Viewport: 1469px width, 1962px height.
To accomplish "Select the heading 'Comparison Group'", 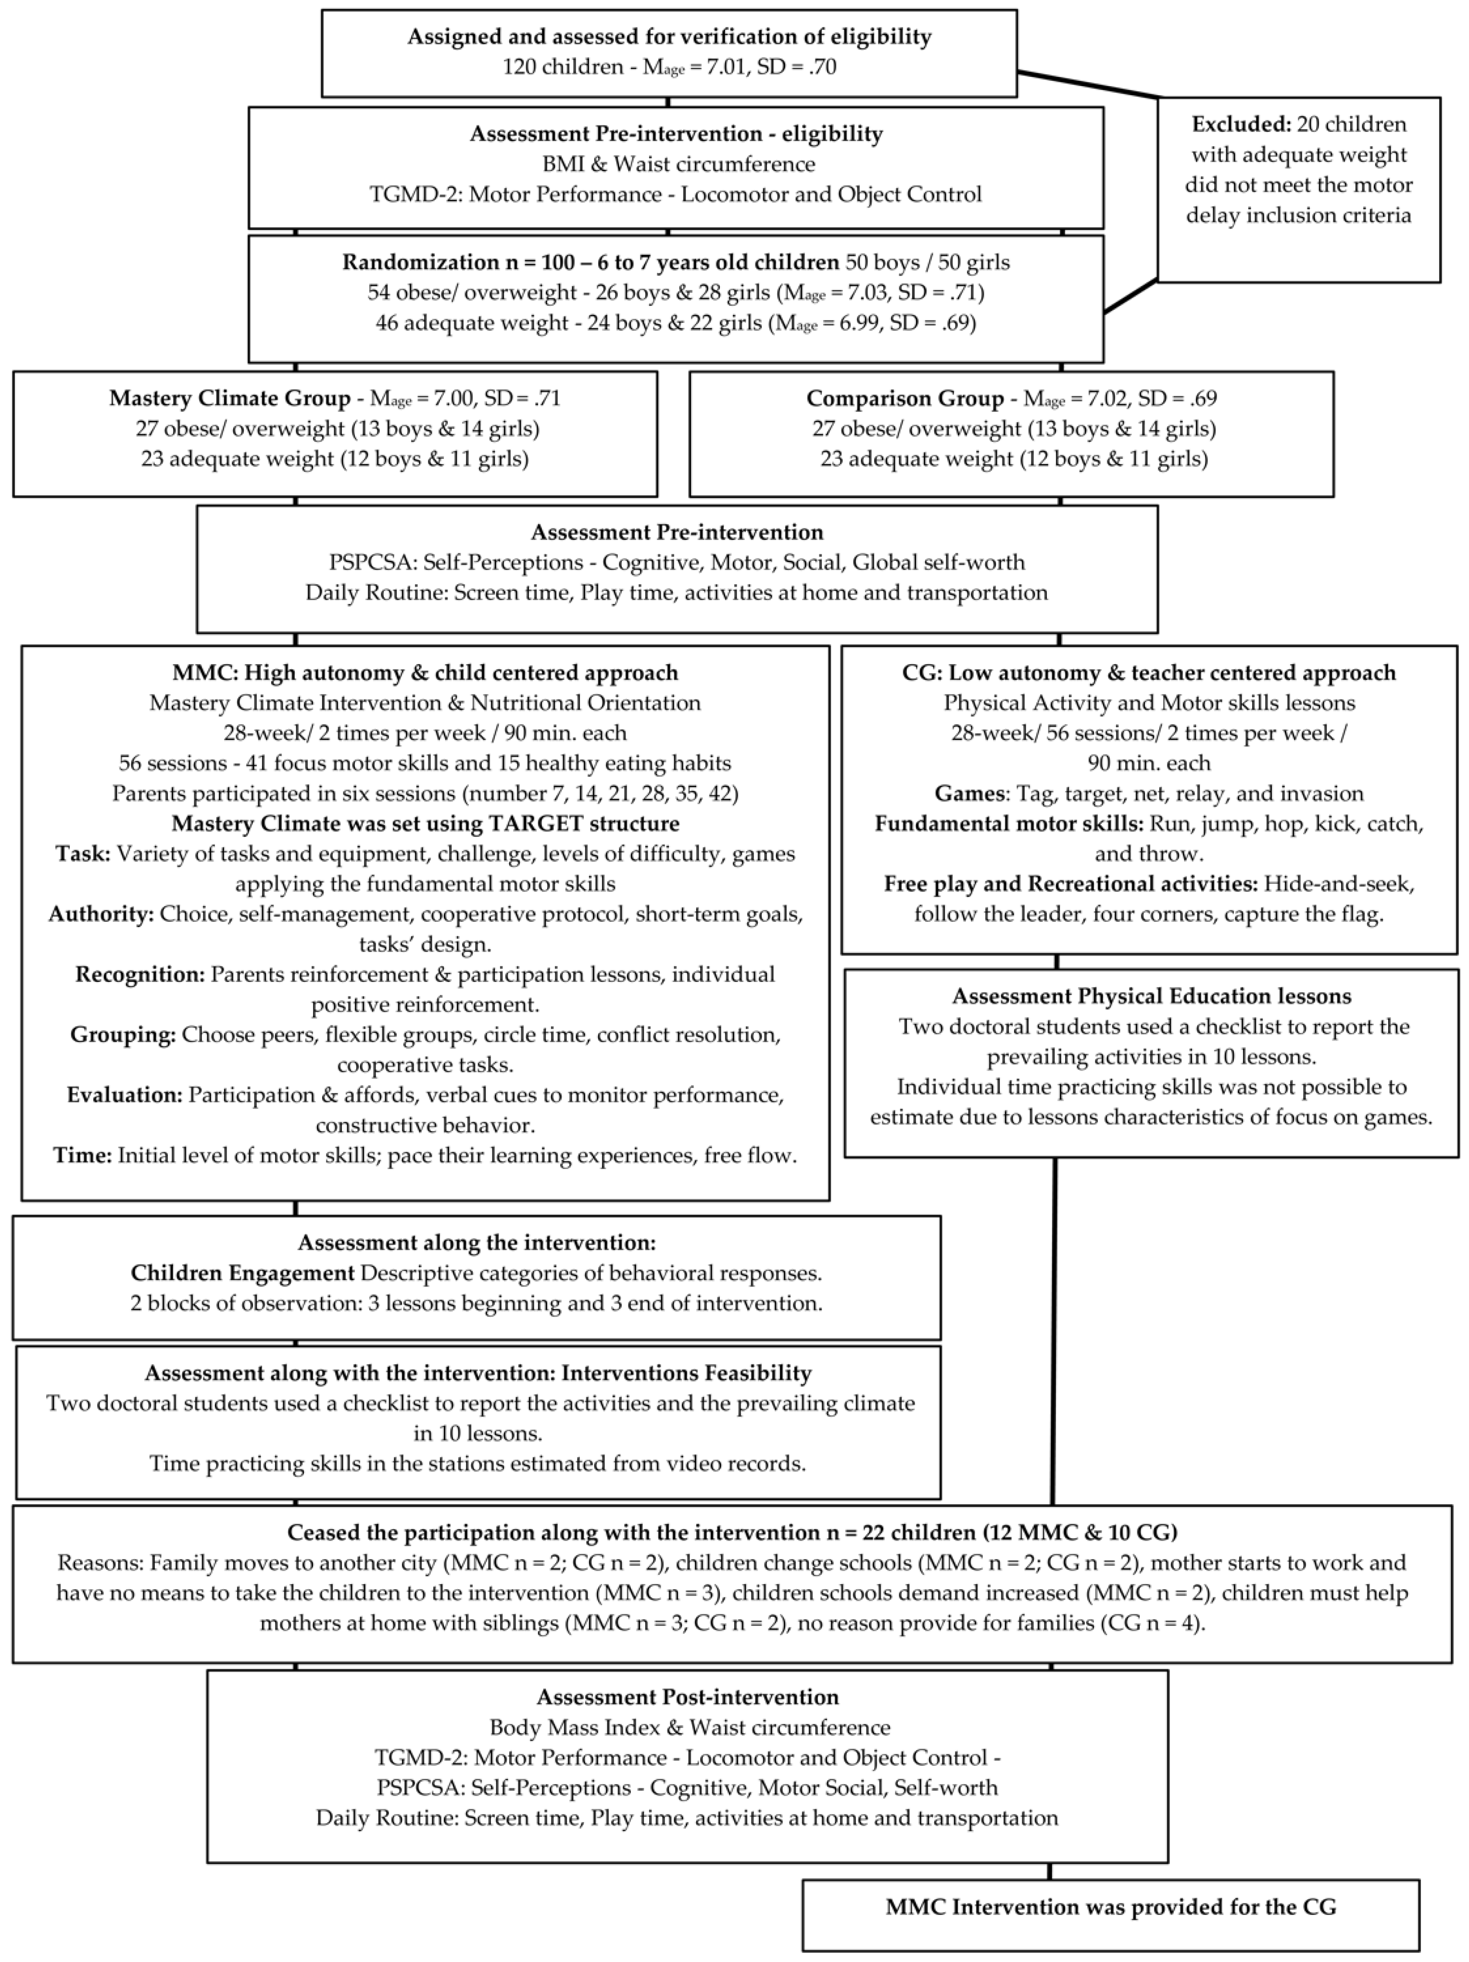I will point(904,398).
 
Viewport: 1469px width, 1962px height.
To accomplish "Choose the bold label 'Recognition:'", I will point(139,975).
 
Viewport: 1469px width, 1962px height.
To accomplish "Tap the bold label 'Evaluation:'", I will point(124,1095).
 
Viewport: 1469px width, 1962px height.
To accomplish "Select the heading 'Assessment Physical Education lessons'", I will point(1152,996).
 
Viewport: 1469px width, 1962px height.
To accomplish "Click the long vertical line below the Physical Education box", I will point(1054,1331).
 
